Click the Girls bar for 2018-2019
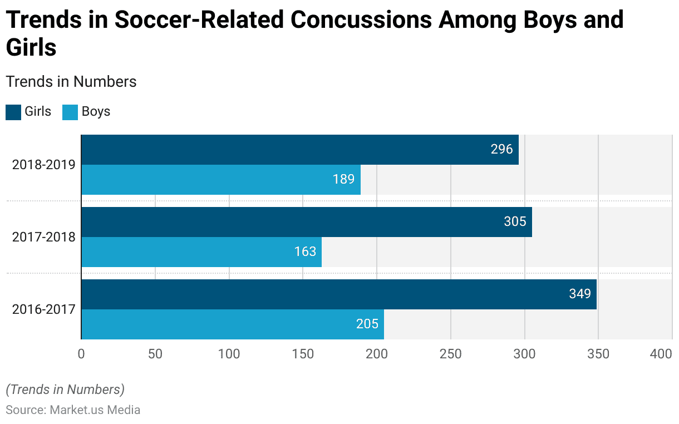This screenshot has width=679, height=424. coord(300,150)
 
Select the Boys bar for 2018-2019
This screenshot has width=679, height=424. coord(221,180)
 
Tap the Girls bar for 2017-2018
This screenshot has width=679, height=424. coord(307,222)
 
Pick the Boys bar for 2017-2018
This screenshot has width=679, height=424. coord(201,252)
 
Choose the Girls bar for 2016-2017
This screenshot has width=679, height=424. coord(339,294)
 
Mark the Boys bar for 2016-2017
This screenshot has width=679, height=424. coord(233,324)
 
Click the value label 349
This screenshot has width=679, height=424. coord(580,294)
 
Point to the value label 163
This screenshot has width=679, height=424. coord(305,252)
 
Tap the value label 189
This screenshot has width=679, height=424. coord(344,180)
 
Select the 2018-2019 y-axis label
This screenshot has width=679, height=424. coord(43,165)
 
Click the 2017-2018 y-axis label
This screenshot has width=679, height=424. coord(43,238)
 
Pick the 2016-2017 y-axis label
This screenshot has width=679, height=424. coord(43,309)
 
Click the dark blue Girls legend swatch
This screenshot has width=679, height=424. coord(13,112)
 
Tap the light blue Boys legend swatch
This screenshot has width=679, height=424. coord(70,112)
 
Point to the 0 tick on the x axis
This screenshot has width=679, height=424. coord(81,354)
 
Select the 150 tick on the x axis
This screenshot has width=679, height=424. coord(303,354)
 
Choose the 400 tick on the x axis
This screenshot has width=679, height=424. coord(661,354)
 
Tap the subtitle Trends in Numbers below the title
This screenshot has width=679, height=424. coord(71,82)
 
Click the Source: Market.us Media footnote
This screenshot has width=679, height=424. coord(73,410)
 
